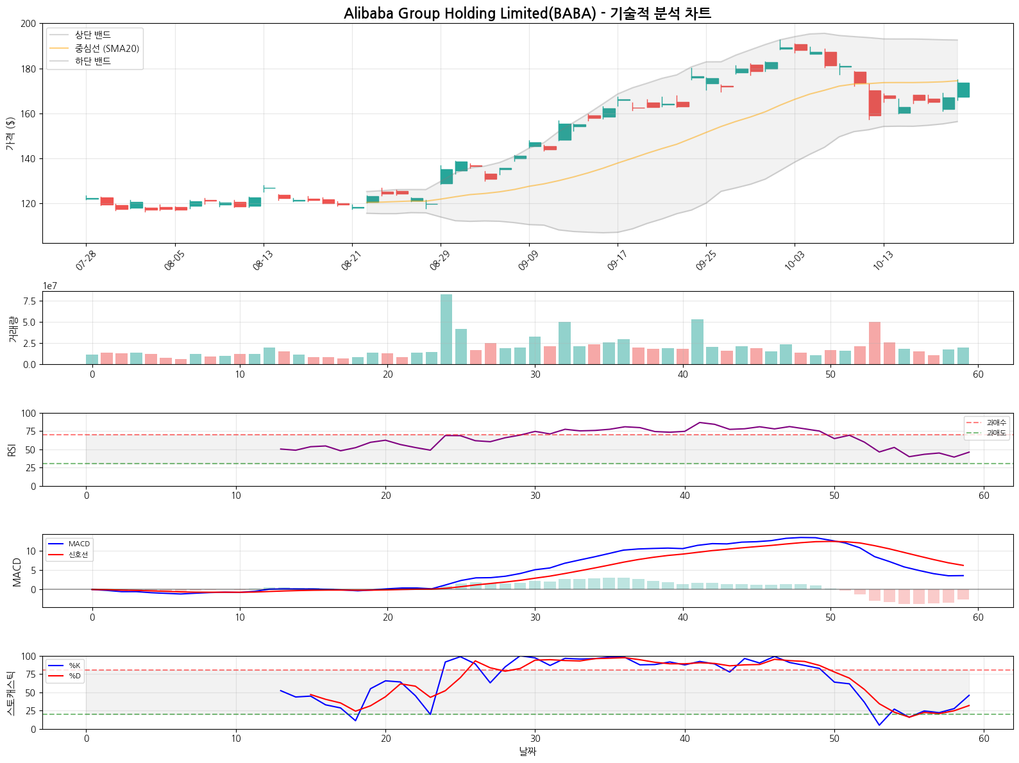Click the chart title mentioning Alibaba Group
(527, 13)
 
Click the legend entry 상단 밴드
(93, 35)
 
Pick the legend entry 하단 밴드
(93, 62)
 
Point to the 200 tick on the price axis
(28, 24)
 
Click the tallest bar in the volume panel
(446, 329)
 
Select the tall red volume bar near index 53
(875, 343)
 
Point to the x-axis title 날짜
(527, 751)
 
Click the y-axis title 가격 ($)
(10, 133)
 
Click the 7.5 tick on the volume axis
(29, 301)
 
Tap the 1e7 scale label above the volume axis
(50, 286)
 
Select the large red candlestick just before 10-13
(875, 103)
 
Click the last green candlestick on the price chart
(963, 90)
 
